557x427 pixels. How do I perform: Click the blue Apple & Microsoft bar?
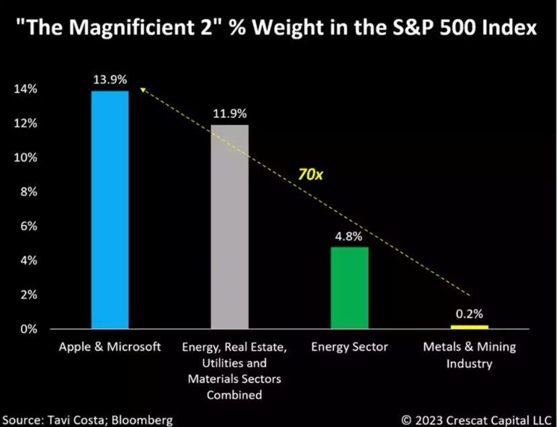(110, 209)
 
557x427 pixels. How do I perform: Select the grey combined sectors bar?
(230, 227)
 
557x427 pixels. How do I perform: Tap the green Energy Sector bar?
(349, 288)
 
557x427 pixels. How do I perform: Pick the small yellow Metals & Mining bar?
(469, 327)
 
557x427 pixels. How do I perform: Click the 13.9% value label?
(110, 79)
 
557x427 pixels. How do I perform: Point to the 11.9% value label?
(230, 113)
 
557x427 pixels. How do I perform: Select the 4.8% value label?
(349, 236)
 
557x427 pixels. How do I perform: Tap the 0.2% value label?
(469, 314)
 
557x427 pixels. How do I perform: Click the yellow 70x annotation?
(310, 175)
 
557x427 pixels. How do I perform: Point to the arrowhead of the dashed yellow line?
(142, 89)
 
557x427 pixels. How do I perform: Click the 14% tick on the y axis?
(26, 89)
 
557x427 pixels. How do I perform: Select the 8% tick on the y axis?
(29, 191)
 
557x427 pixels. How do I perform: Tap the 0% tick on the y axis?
(29, 329)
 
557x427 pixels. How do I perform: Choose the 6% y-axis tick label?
(29, 226)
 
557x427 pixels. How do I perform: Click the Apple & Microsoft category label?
(110, 347)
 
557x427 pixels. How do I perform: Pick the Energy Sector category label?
(349, 347)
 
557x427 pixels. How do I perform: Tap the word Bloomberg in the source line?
(142, 420)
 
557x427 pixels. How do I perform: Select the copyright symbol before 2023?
(406, 420)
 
